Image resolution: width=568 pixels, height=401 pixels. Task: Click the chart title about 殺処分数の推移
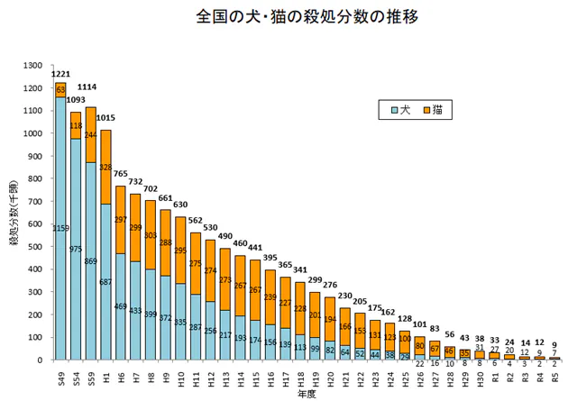click(307, 17)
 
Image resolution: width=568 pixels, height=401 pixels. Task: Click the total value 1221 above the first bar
click(60, 74)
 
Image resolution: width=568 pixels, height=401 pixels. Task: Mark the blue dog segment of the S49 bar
click(60, 225)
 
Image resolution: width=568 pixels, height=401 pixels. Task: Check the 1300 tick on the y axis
click(33, 65)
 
